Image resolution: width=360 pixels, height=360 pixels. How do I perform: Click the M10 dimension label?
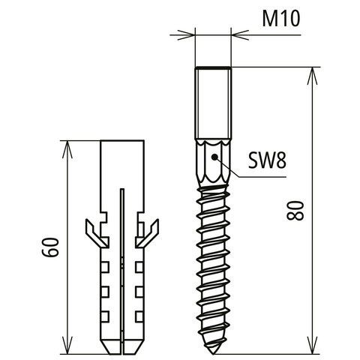281,19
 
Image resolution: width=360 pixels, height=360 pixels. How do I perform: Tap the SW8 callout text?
267,160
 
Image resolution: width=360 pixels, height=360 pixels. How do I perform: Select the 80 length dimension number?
295,210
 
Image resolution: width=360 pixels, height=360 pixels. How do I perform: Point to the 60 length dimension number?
50,247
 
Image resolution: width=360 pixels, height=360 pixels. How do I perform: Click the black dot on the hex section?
214,157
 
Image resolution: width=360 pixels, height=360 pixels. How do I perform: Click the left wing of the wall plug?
95,232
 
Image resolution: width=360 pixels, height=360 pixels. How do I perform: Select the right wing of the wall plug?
147,232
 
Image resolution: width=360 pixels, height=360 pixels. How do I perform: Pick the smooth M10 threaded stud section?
213,103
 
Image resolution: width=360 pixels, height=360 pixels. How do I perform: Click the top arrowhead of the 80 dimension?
312,76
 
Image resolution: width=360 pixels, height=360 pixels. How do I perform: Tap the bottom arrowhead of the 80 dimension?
312,345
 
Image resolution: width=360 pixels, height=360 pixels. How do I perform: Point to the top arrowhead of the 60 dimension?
67,149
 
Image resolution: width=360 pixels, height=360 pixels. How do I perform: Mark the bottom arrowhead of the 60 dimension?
67,345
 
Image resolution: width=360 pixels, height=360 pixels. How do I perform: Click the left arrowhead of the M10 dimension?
186,35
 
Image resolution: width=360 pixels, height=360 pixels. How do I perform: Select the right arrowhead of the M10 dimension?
240,35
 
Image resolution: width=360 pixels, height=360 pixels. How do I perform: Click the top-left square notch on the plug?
105,267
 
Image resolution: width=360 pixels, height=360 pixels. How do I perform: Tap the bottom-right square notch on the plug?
139,316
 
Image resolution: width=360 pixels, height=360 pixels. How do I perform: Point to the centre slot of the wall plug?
122,271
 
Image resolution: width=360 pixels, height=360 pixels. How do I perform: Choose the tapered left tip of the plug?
110,346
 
